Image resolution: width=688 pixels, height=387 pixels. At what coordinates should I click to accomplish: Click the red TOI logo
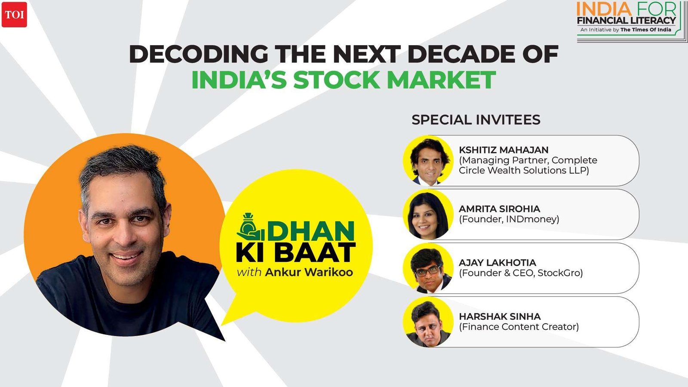tap(14, 15)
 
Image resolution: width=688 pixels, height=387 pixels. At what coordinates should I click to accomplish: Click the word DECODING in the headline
tap(198, 54)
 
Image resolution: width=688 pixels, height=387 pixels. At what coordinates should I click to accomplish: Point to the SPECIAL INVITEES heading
tap(476, 120)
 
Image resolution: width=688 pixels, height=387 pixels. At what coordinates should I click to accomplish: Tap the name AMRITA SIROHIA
tap(499, 209)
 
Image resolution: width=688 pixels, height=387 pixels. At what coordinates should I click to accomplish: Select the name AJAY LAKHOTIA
tap(497, 263)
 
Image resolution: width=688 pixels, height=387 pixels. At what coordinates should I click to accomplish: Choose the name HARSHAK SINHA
tap(500, 316)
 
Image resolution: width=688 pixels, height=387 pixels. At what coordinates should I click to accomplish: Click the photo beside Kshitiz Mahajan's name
tap(428, 161)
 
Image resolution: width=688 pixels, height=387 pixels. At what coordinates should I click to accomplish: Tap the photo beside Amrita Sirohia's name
tap(428, 215)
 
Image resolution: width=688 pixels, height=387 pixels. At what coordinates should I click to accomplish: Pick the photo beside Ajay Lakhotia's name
tap(428, 268)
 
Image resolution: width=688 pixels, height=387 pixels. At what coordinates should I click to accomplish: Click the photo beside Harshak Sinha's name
tap(428, 322)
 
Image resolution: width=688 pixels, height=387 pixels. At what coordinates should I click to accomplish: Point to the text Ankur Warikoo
tap(309, 272)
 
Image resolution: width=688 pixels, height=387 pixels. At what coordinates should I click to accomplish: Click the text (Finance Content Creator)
tap(519, 327)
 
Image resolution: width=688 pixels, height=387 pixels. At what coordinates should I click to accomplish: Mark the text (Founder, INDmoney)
tap(509, 219)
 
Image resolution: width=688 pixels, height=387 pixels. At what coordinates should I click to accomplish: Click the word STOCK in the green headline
tap(337, 80)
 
